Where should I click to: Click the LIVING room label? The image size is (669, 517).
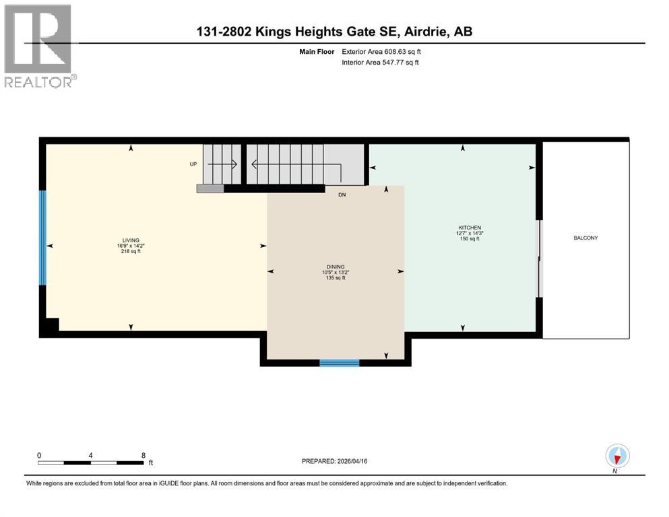coord(130,240)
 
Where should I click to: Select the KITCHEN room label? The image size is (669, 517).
coord(470,228)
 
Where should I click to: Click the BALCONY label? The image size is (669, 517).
coord(585,238)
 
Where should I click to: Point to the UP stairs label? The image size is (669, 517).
coord(193,164)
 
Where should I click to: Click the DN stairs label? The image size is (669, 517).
coord(342,195)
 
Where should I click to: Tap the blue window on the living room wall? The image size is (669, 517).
coord(42,238)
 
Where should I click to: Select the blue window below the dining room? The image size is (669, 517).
coord(339,363)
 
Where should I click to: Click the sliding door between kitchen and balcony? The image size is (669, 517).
coord(538,258)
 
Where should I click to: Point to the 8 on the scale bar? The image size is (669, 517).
coord(144,455)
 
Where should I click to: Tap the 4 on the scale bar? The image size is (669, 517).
coord(90,455)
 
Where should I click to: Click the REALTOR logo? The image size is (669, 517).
coord(38,46)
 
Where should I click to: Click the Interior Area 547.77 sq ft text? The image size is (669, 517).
coord(380,63)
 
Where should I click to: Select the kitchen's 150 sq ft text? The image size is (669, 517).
coord(470,239)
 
